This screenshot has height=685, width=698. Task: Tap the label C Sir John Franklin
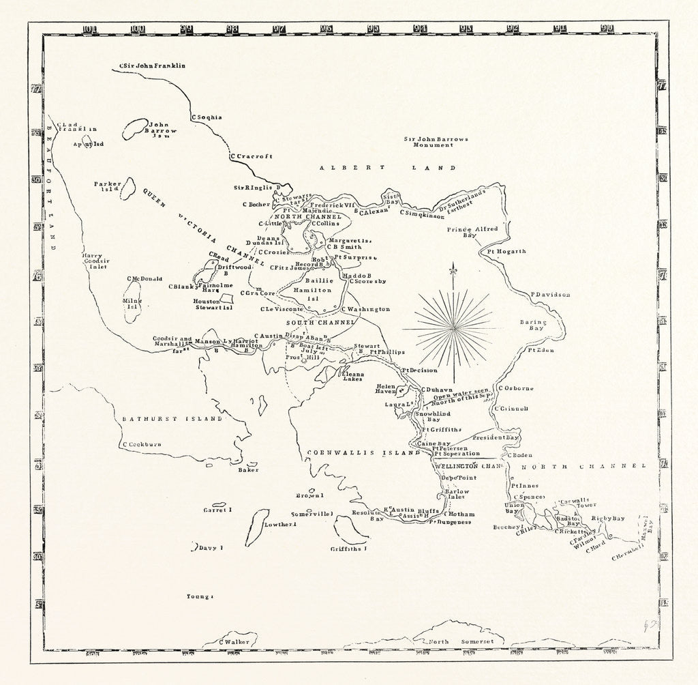coord(152,65)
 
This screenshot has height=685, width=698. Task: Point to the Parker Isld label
coord(108,186)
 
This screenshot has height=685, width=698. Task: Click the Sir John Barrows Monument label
coord(436,141)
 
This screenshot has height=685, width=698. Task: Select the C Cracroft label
coord(252,156)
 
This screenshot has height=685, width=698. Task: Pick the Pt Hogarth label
coord(506,251)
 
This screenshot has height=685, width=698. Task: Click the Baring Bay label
coord(534,324)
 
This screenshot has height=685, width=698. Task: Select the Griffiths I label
coord(348,548)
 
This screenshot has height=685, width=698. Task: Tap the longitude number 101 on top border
coord(89,29)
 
